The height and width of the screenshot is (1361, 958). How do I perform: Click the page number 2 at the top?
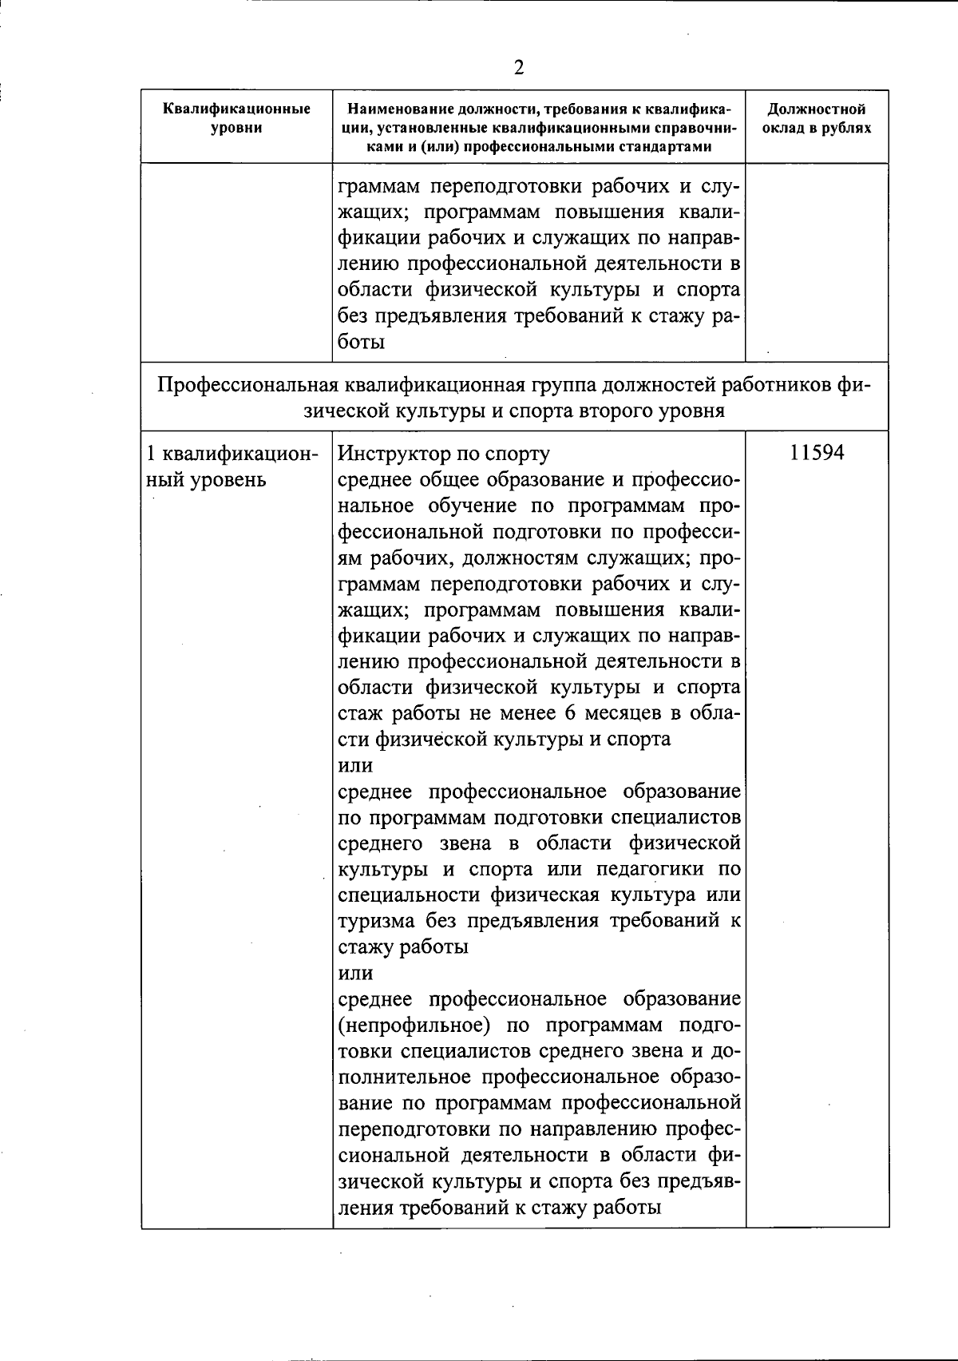pos(519,68)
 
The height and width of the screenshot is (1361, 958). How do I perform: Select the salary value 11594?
pos(817,453)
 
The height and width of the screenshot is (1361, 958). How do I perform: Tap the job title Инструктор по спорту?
pos(444,454)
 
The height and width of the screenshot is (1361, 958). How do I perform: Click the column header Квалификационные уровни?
pos(236,118)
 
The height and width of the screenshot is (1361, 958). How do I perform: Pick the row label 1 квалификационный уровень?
pos(230,466)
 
